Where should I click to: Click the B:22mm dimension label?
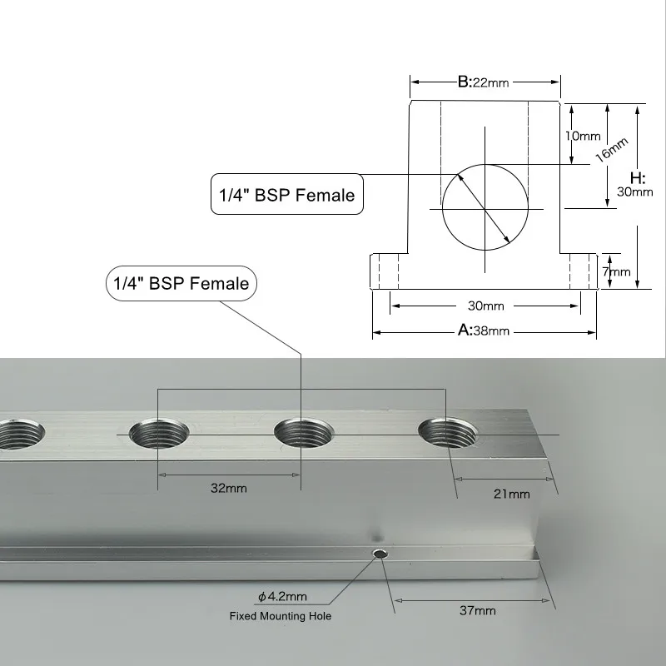(483, 82)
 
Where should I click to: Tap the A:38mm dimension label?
(484, 330)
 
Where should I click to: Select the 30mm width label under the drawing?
(486, 306)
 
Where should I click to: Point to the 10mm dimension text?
(583, 136)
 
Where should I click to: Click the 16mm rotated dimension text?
(611, 150)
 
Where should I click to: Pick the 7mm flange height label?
(616, 271)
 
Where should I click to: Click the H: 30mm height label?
(635, 185)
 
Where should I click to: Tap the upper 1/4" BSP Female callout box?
(287, 194)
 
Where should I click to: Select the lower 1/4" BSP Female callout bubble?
(181, 283)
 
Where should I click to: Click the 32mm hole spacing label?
(228, 488)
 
